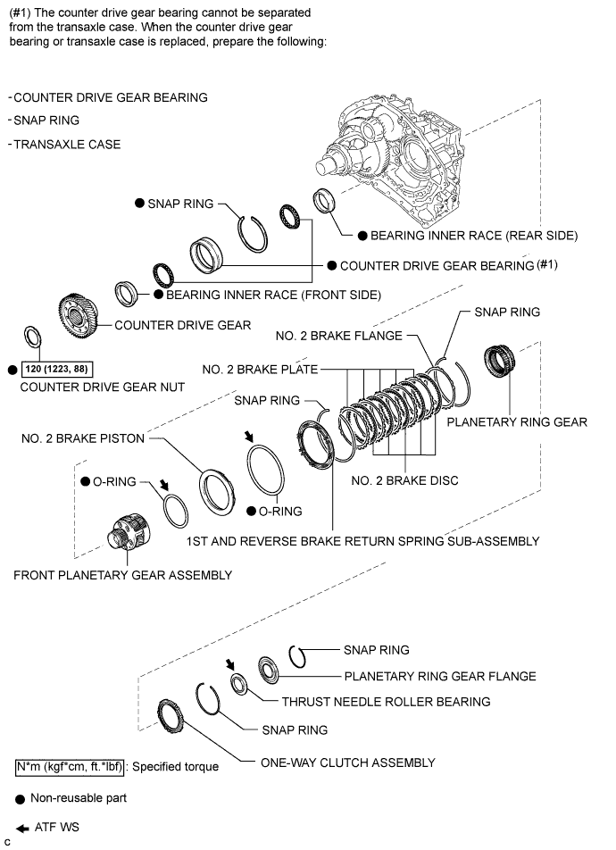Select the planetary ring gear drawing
point(496,361)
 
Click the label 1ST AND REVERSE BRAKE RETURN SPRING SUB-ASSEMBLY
point(362,541)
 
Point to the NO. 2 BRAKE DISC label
point(404,480)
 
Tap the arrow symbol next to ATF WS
point(21,826)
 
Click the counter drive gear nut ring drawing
point(30,338)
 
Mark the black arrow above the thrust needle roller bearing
point(232,664)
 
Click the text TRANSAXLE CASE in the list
point(67,144)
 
